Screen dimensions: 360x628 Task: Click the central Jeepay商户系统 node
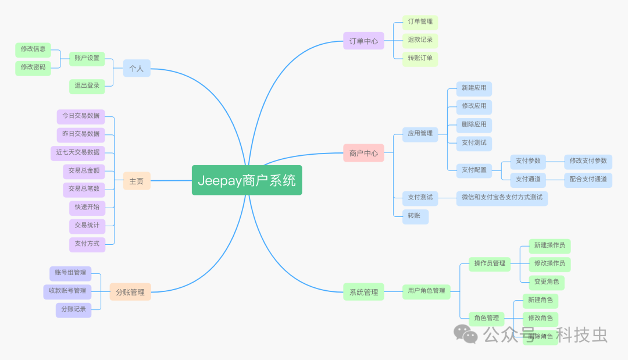click(x=247, y=180)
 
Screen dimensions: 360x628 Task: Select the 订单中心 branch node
click(x=363, y=41)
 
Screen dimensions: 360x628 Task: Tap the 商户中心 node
click(x=363, y=153)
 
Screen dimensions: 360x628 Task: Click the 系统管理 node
click(x=363, y=292)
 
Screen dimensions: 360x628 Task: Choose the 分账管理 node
click(x=130, y=292)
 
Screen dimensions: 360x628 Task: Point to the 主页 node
click(x=137, y=181)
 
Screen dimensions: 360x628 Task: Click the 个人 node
click(x=137, y=68)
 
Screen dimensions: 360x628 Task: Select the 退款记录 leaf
click(x=420, y=40)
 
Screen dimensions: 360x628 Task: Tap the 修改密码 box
click(x=33, y=67)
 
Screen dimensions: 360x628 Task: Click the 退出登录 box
click(x=87, y=86)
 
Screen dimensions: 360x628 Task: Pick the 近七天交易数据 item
click(x=78, y=152)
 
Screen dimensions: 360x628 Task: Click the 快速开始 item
click(x=87, y=207)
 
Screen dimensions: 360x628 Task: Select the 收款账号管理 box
click(x=67, y=291)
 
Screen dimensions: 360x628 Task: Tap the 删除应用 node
click(x=474, y=124)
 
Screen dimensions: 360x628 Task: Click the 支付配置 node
click(x=474, y=170)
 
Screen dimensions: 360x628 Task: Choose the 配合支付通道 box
click(x=588, y=179)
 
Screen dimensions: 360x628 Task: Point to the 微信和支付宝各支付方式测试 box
click(x=502, y=198)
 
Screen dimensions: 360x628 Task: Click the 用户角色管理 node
click(x=426, y=291)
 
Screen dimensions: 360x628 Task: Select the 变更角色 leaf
click(x=547, y=281)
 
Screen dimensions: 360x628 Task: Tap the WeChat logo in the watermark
click(x=466, y=334)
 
